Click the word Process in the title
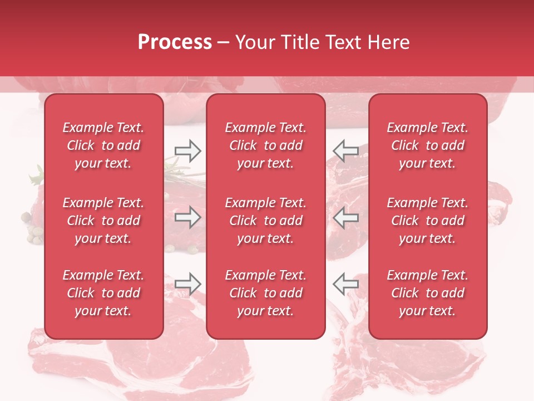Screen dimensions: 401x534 [175, 42]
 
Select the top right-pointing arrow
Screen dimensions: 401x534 [187, 150]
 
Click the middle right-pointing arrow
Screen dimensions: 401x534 [187, 218]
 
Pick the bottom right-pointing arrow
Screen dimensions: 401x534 [187, 283]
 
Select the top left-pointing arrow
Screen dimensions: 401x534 [345, 150]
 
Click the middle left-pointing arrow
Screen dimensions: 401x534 [345, 218]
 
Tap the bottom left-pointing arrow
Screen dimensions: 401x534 [345, 283]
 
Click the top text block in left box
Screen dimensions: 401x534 [103, 145]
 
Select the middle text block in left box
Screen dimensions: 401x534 [103, 221]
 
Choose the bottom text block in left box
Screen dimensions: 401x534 [103, 293]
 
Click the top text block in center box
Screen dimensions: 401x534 [265, 145]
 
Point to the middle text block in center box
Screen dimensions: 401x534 [265, 221]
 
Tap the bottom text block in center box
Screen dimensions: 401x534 [265, 293]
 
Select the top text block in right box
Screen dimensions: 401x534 [427, 145]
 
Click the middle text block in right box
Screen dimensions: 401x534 [427, 221]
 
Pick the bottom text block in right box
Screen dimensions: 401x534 [427, 293]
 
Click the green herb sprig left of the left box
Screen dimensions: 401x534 [36, 177]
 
